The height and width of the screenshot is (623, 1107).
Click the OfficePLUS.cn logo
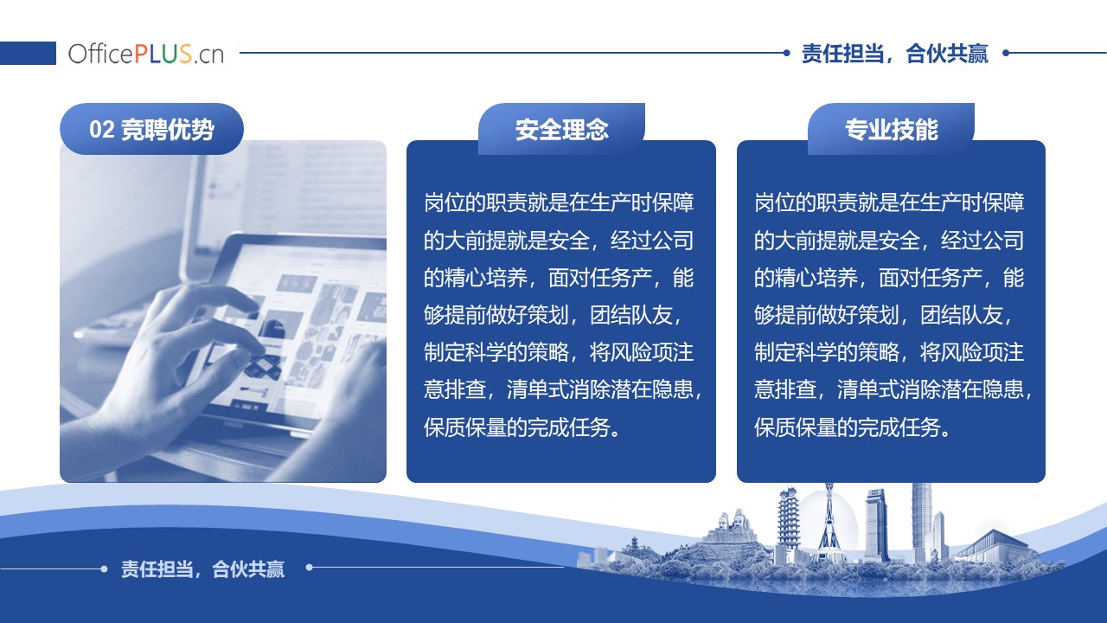pos(146,54)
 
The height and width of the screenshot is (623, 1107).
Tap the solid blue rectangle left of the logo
pos(28,53)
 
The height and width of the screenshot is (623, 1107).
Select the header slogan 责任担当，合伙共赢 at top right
pos(894,54)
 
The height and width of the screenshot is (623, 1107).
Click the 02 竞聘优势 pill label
pos(151,129)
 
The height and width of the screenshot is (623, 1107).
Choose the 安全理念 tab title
pos(562,130)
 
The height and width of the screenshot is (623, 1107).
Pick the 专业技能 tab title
pos(892,130)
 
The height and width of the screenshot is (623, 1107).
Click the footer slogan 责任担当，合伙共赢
pos(202,569)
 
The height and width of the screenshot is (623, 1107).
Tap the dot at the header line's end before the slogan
pos(787,53)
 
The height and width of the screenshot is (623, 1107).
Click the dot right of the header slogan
pos(1006,53)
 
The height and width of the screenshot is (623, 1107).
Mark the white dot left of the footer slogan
pos(104,569)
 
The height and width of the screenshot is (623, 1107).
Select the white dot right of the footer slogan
pos(310,568)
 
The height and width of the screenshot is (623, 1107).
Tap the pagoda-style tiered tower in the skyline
pos(788,524)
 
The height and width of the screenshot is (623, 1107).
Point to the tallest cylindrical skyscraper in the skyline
pos(921,522)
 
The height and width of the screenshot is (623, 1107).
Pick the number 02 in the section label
pos(102,130)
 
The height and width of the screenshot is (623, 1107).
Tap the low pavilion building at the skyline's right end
pos(994,546)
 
